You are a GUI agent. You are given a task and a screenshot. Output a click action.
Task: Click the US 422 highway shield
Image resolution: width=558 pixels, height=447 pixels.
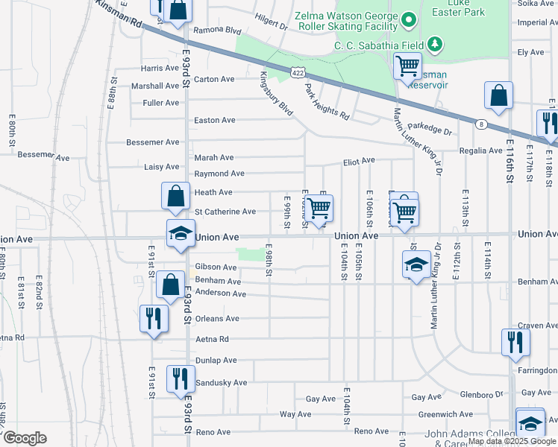297,72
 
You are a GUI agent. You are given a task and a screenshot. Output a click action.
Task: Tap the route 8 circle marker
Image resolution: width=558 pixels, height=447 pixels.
483,124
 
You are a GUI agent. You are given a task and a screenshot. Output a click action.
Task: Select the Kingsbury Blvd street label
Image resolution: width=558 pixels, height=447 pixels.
276,93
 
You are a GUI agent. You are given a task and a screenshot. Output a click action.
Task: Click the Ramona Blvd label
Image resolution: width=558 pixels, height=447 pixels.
218,31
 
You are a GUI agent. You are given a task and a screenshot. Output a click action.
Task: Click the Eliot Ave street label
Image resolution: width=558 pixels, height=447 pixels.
358,161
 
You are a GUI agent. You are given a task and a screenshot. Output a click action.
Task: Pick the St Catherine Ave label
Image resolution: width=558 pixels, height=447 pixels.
225,212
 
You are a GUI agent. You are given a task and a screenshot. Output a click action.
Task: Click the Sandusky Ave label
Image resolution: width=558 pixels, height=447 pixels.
220,383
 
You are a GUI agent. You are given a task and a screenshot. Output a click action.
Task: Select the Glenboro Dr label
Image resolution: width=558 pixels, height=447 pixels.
482,395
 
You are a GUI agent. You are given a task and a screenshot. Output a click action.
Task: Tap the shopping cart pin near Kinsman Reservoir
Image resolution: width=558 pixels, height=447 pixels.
407,66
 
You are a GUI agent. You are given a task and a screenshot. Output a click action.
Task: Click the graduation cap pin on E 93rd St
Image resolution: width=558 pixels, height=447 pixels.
180,233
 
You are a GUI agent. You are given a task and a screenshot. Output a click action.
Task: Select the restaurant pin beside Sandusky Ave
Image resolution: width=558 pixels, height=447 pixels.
180,378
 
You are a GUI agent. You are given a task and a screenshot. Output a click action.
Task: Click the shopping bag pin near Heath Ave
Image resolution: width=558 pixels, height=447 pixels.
175,197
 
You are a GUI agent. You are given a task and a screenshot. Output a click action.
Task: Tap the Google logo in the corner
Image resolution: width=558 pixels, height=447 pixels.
25,438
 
